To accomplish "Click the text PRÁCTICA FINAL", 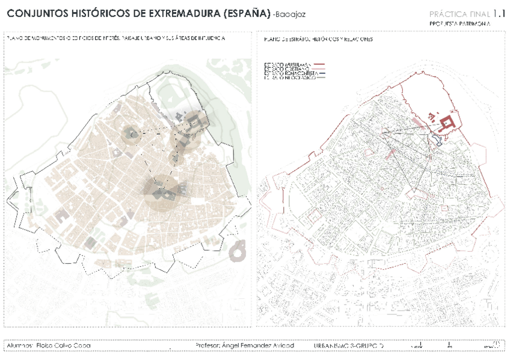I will pos(459,14).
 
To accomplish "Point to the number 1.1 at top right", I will pos(499,13).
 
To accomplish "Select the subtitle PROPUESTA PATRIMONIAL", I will pos(460,23).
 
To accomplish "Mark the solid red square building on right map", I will pos(446,124).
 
